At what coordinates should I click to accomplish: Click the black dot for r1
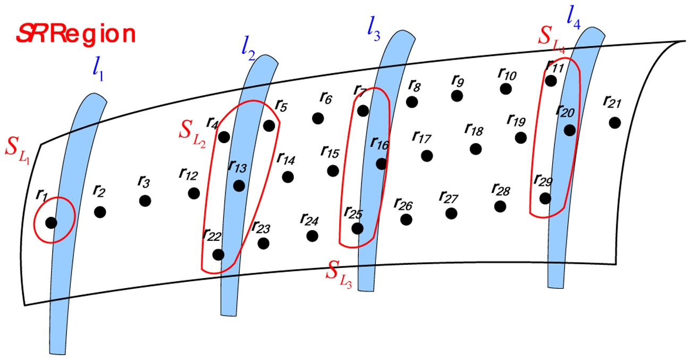pyautogui.click(x=51, y=222)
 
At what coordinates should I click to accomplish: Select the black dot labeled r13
pyautogui.click(x=239, y=186)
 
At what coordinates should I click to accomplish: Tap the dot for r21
pyautogui.click(x=615, y=123)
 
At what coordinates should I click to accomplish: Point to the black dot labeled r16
pyautogui.click(x=381, y=163)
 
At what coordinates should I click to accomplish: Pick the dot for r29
pyautogui.click(x=545, y=198)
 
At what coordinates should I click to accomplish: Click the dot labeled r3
pyautogui.click(x=145, y=201)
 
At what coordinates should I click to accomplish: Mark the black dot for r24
pyautogui.click(x=312, y=236)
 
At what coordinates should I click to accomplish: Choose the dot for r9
pyautogui.click(x=457, y=96)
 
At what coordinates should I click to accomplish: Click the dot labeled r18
pyautogui.click(x=476, y=149)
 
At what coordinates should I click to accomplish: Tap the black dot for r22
pyautogui.click(x=218, y=255)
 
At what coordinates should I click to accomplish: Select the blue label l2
pyautogui.click(x=248, y=51)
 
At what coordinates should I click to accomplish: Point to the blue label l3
pyautogui.click(x=374, y=31)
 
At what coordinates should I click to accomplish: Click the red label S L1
pyautogui.click(x=18, y=151)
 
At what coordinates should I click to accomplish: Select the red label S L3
pyautogui.click(x=339, y=274)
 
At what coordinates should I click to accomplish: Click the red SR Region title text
pyautogui.click(x=76, y=35)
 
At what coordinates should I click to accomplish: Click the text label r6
pyautogui.click(x=326, y=98)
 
